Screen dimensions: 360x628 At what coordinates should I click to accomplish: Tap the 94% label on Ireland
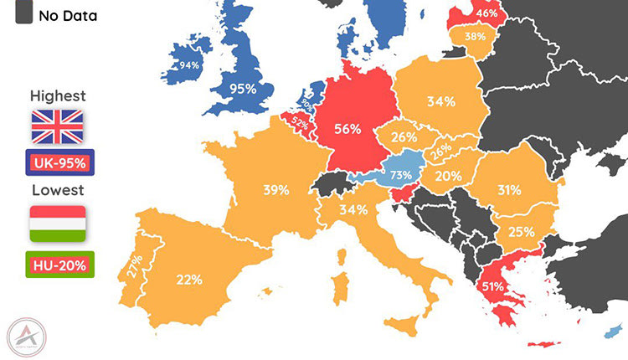tap(188, 66)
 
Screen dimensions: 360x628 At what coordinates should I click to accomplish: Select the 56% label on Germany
tap(347, 129)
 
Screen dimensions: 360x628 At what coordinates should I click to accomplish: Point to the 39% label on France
tap(276, 190)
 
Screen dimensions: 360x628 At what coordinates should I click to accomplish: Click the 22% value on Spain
tap(188, 280)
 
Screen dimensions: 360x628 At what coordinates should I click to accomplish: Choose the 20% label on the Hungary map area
tap(447, 176)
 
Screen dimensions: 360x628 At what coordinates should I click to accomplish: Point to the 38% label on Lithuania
tap(475, 37)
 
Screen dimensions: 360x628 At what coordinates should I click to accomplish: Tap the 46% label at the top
tap(486, 13)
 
